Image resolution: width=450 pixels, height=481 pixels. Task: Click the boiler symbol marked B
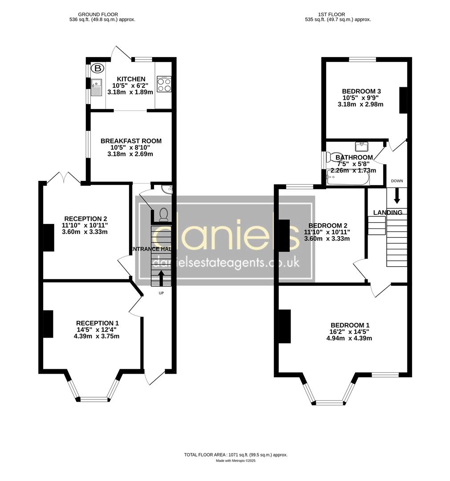[97, 69]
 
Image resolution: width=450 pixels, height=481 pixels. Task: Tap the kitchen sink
[97, 86]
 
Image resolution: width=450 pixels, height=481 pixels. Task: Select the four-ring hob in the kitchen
[164, 85]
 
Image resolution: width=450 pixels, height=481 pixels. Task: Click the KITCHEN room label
[128, 79]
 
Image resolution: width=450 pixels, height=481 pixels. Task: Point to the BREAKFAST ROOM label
[131, 141]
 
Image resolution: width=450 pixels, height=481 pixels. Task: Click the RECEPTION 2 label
[86, 219]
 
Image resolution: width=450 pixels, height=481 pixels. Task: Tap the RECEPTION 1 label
[97, 323]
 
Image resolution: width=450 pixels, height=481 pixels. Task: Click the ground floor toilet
[163, 214]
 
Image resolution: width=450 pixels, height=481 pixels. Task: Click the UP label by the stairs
[161, 293]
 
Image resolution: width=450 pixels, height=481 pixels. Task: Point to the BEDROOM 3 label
[361, 91]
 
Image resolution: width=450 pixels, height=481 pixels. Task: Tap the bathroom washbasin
[361, 146]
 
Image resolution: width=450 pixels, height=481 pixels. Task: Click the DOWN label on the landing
[397, 181]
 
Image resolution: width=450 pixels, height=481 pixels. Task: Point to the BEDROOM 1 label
[350, 325]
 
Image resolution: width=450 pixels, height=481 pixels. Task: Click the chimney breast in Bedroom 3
[403, 100]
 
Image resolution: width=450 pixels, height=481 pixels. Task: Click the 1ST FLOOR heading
[331, 15]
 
